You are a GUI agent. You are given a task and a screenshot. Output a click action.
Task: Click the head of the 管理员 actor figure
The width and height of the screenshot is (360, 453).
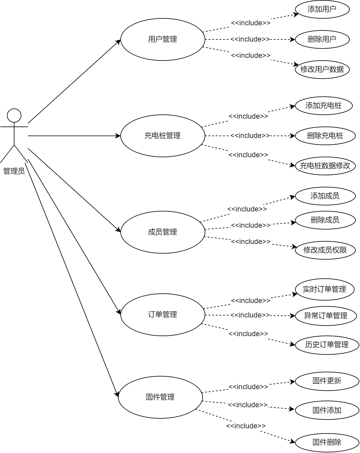tap(14, 115)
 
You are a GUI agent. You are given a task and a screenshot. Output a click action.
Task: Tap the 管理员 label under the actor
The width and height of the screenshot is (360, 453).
tap(14, 171)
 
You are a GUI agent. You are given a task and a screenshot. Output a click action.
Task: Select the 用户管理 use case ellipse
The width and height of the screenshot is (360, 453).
tap(163, 39)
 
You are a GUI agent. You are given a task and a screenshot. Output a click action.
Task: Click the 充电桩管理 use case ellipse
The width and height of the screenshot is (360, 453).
tap(163, 136)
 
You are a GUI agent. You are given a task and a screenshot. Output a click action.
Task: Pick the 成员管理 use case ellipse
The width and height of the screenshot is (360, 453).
tap(163, 232)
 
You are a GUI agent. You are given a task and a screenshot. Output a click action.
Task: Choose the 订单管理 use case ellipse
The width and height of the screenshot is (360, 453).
tap(163, 315)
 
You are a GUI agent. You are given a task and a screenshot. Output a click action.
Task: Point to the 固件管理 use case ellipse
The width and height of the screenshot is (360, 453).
tap(160, 397)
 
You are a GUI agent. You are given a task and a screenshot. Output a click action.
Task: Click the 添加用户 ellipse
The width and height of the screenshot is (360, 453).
tap(322, 9)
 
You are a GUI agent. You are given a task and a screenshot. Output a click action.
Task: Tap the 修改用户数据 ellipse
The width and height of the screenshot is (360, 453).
tap(322, 70)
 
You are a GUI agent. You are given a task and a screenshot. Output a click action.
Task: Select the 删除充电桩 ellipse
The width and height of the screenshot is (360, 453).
tap(325, 136)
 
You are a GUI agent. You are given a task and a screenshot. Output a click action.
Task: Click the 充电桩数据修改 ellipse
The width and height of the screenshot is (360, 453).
tap(325, 166)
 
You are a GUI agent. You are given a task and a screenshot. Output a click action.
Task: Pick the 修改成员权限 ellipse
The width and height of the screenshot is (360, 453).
tap(325, 250)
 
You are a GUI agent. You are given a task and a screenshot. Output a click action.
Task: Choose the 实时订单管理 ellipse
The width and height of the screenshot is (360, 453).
tap(324, 289)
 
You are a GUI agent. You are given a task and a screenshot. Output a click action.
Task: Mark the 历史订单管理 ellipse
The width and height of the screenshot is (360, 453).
tap(327, 345)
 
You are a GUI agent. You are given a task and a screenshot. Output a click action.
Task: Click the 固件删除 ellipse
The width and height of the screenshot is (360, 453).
tap(327, 442)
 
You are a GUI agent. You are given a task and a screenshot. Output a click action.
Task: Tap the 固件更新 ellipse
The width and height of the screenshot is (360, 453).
tap(327, 381)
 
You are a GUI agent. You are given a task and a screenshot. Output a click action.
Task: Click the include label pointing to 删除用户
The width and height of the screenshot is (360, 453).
tap(250, 39)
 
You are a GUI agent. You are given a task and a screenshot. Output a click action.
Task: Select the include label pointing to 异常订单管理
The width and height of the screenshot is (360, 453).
tap(250, 315)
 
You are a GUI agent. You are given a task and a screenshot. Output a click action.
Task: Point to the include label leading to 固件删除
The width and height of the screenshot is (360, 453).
tap(246, 426)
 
